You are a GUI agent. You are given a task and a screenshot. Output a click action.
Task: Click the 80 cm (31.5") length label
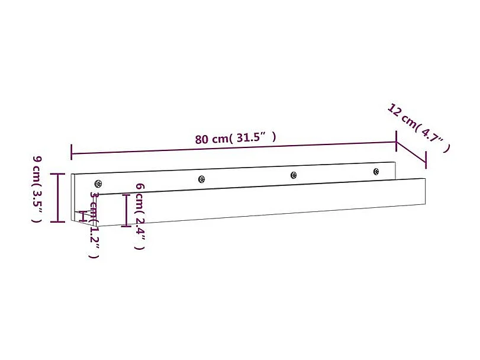pos(236,139)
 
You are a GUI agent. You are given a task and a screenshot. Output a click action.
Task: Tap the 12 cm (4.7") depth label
pos(418,128)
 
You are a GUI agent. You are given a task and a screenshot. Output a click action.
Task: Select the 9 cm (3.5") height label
pos(37,189)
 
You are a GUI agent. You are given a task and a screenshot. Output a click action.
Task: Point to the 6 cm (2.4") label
pos(140,216)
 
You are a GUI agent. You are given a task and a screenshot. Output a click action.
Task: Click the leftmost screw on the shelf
pos(98,184)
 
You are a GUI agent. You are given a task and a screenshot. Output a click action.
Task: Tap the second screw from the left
pos(202,179)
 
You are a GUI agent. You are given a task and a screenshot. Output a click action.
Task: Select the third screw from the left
pos(293,175)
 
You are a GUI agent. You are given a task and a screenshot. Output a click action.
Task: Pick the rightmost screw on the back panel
pos(376,171)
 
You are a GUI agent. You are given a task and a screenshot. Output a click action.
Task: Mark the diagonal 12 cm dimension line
pos(410,153)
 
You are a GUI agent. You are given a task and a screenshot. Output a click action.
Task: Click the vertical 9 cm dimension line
pos(57,198)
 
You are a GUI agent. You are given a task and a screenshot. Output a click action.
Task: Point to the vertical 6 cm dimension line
pos(125,210)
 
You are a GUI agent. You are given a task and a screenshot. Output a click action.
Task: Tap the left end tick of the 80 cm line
pos(72,152)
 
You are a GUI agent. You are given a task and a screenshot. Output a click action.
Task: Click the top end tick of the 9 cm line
pos(57,173)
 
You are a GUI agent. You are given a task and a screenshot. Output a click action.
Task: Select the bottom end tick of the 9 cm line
pos(57,222)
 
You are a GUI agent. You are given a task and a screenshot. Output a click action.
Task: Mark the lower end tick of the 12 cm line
pos(425,165)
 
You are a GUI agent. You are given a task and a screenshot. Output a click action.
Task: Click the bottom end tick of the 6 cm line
pos(125,226)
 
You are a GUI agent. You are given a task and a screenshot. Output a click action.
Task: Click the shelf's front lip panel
pos(266,201)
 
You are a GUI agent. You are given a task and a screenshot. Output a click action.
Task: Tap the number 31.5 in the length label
pos(249,138)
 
